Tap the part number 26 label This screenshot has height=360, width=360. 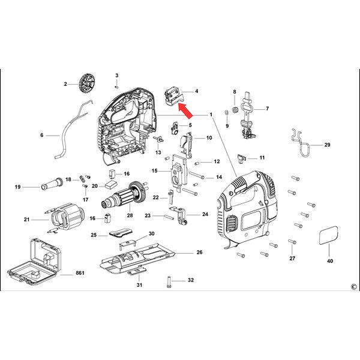[200, 253]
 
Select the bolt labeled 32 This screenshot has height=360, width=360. [169, 280]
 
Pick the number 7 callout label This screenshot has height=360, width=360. [267, 109]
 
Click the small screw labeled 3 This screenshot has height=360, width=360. [117, 85]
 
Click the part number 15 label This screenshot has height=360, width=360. [155, 171]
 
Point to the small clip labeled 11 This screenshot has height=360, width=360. [244, 158]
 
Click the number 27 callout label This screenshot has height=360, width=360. [292, 259]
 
